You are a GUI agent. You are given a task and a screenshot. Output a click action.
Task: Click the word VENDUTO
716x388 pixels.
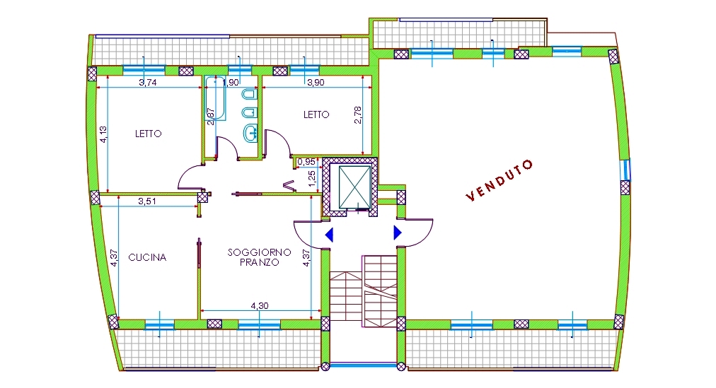pyautogui.click(x=500, y=180)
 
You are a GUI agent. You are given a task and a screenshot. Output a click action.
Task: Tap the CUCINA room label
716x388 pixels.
pyautogui.click(x=147, y=257)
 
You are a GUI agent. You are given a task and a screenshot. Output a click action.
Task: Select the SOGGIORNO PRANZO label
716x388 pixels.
pyautogui.click(x=260, y=257)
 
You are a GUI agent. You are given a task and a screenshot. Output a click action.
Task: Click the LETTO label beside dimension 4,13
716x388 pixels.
pyautogui.click(x=149, y=134)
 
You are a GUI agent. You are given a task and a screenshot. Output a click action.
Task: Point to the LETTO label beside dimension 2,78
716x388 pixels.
pyautogui.click(x=316, y=114)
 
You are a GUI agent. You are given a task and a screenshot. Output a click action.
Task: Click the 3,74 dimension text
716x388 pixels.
pyautogui.click(x=147, y=83)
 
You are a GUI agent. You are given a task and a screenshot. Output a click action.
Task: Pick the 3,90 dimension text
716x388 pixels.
pyautogui.click(x=316, y=83)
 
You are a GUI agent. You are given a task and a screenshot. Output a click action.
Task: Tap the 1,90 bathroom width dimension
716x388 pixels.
pyautogui.click(x=231, y=83)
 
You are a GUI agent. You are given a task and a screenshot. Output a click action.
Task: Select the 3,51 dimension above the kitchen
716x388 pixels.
pyautogui.click(x=147, y=201)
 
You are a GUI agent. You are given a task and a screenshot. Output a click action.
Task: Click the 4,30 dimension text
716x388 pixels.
pyautogui.click(x=260, y=306)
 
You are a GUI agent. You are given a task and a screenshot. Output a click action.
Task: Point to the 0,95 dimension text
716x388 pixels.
pyautogui.click(x=306, y=162)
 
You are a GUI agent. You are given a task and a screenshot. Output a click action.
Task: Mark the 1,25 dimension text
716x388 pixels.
pyautogui.click(x=312, y=178)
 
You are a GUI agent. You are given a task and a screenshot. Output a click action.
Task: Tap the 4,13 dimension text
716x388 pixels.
pyautogui.click(x=104, y=134)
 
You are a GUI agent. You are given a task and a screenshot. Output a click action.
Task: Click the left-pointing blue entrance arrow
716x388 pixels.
pyautogui.click(x=329, y=235)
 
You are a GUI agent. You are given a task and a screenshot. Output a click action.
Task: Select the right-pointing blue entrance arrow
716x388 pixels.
pyautogui.click(x=398, y=233)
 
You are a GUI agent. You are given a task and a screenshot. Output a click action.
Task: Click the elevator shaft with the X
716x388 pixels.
pyautogui.click(x=354, y=187)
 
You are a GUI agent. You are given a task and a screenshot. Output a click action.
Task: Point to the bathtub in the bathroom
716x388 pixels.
pyautogui.click(x=215, y=98)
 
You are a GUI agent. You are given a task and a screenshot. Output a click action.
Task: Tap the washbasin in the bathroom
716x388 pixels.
pyautogui.click(x=249, y=133)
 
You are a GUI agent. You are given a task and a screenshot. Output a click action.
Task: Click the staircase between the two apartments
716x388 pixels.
pyautogui.click(x=364, y=292)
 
